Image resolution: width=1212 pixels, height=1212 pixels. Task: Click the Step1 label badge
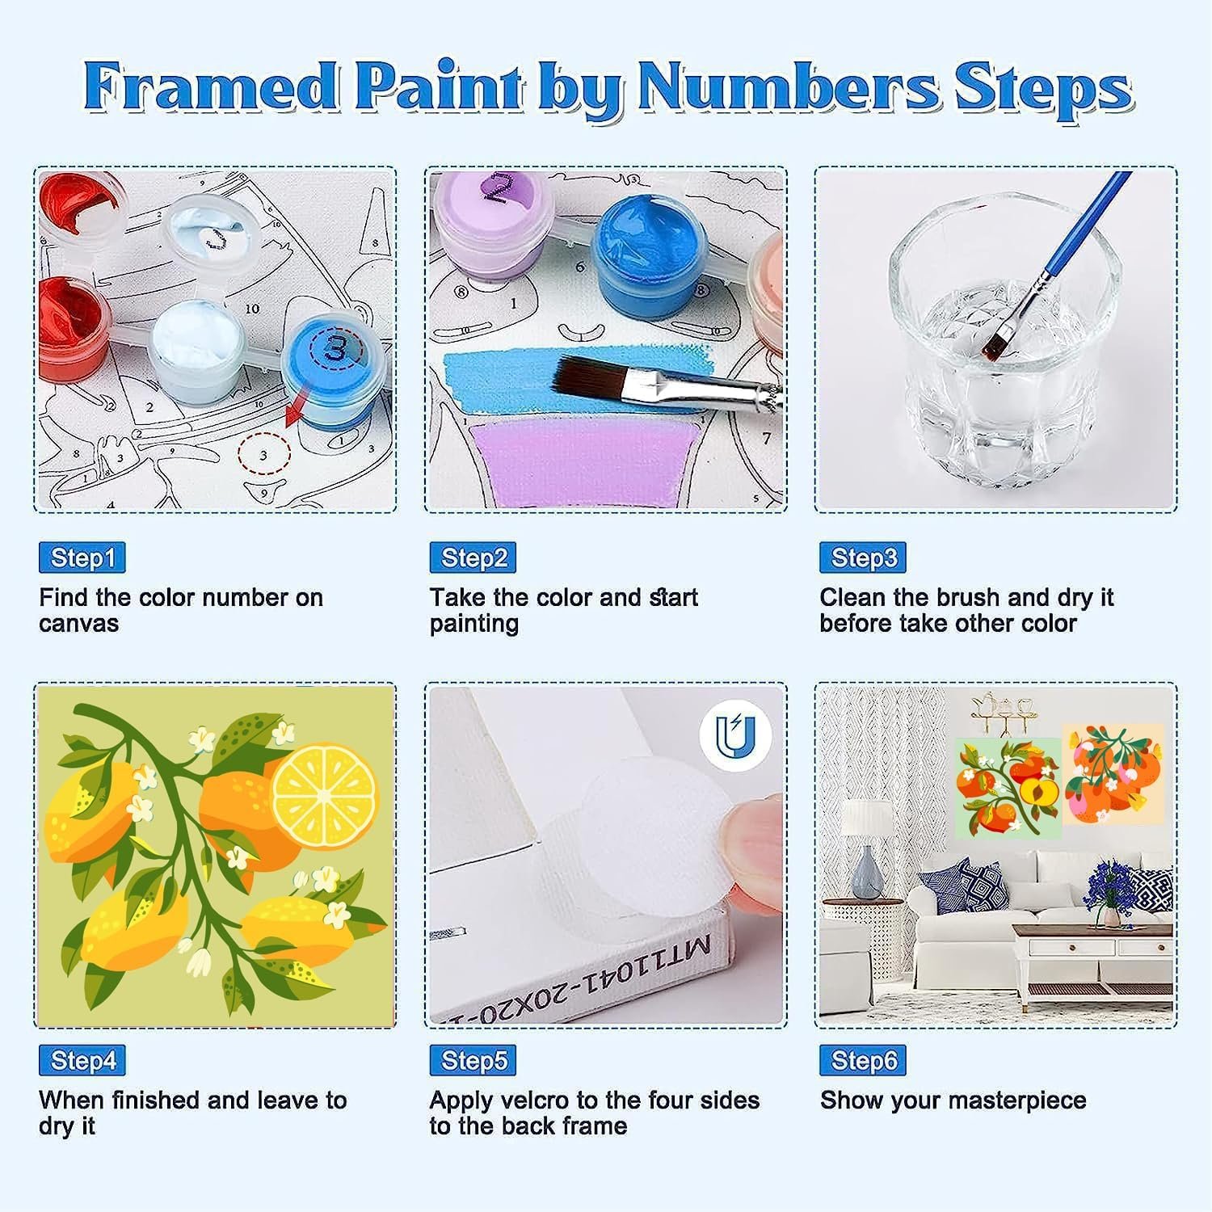click(x=82, y=558)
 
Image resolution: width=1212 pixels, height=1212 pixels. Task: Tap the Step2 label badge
click(x=473, y=558)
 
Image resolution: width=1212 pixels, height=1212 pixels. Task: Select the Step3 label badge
click(x=863, y=558)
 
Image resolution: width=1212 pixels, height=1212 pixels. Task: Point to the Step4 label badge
click(x=82, y=1060)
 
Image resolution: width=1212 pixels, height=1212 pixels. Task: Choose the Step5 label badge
click(x=473, y=1060)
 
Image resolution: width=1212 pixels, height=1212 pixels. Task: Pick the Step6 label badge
click(x=863, y=1060)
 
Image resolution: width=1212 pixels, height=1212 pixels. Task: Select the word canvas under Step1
click(x=78, y=625)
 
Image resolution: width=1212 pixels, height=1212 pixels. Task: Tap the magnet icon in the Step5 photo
click(x=735, y=735)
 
